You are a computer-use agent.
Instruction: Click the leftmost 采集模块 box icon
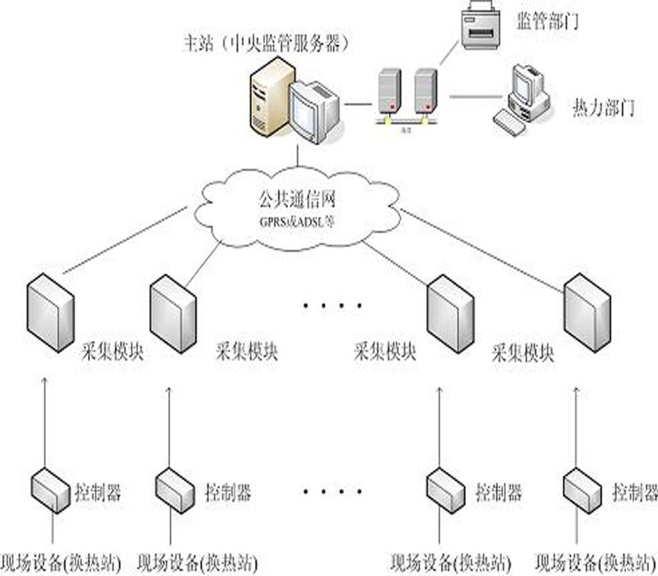(x=51, y=314)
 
